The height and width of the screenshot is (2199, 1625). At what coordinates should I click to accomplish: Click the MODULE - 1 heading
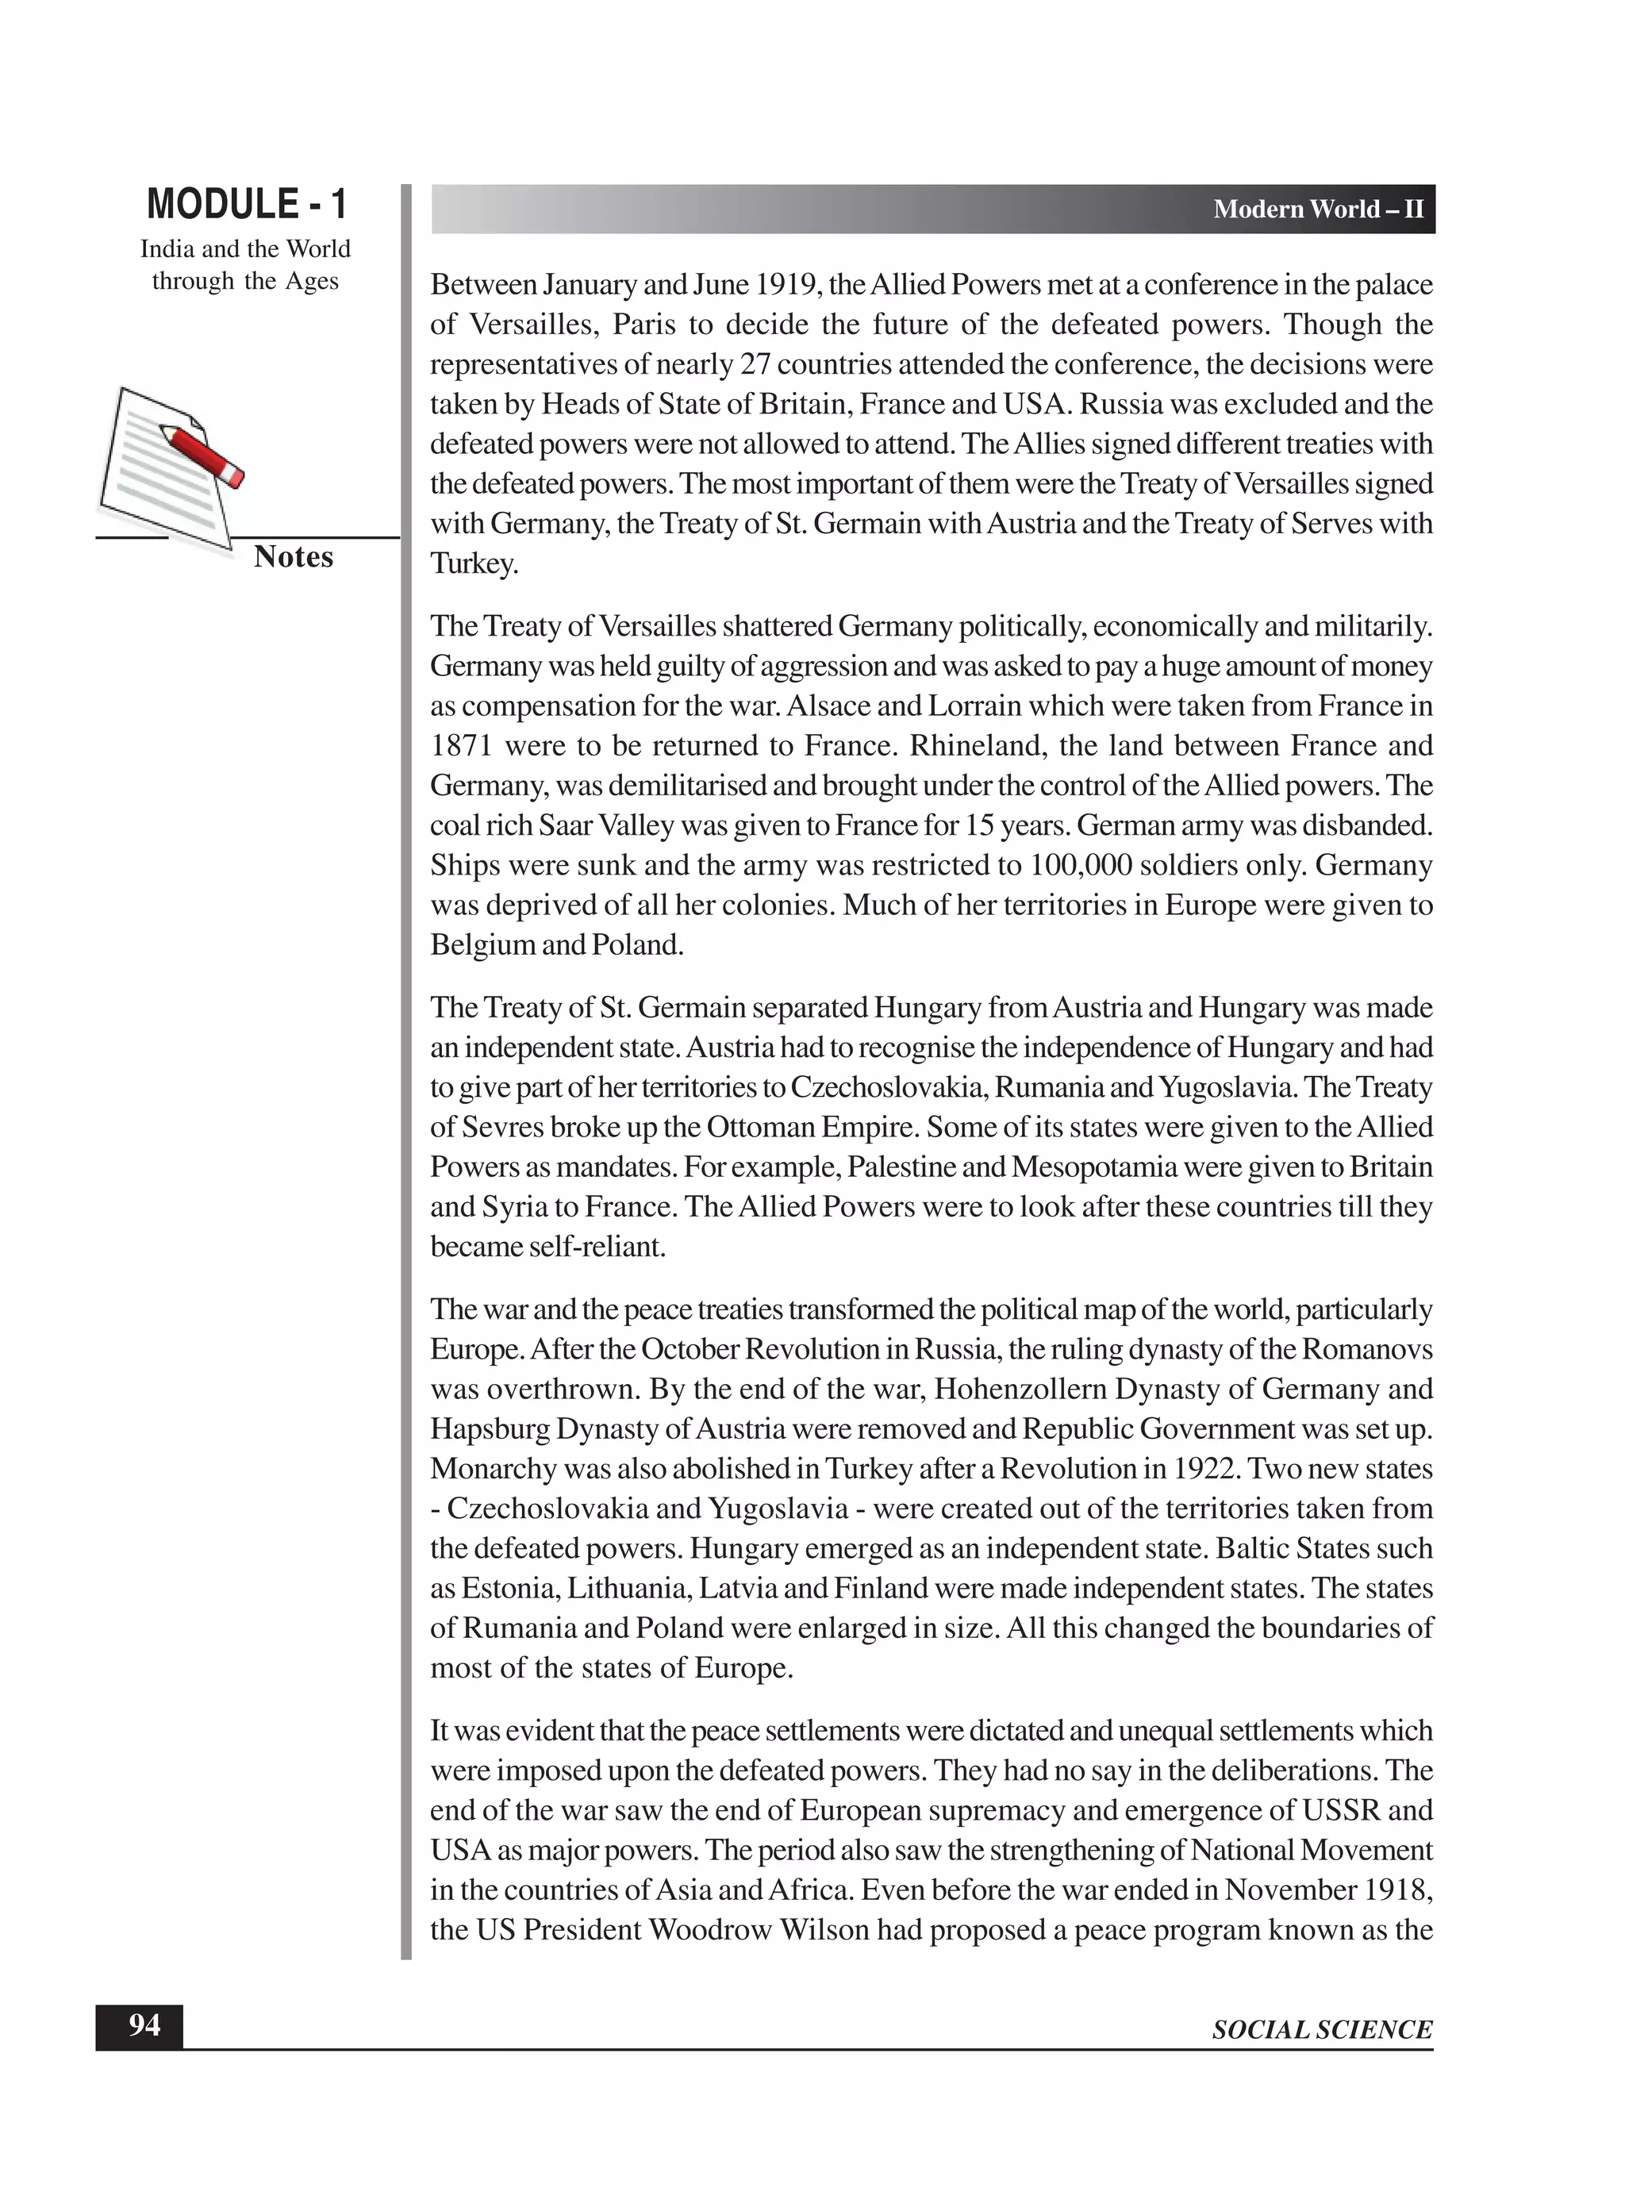[246, 205]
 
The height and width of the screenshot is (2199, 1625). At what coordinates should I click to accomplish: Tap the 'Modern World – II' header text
[1317, 210]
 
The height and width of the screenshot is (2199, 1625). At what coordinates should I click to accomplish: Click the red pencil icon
[202, 454]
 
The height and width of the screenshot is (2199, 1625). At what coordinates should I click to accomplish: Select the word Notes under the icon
[293, 557]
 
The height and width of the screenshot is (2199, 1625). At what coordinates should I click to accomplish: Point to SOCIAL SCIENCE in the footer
[1321, 2029]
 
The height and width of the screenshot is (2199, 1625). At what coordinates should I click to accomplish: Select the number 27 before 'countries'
[755, 365]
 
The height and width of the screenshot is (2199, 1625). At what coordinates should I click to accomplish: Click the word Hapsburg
[489, 1428]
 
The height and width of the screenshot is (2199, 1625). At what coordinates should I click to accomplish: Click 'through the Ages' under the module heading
[245, 282]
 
